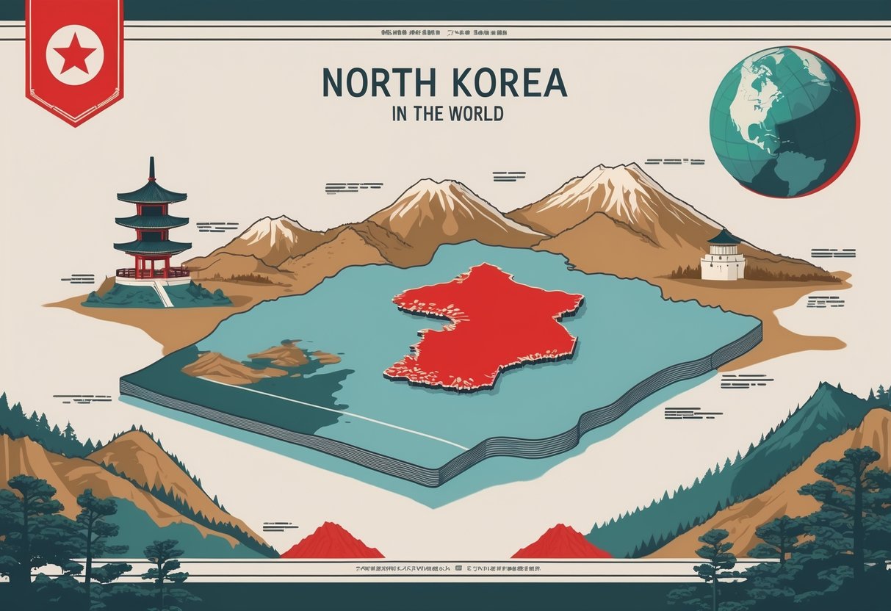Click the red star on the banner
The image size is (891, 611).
[74, 54]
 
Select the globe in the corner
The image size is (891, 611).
[784, 122]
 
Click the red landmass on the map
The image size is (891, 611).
[485, 323]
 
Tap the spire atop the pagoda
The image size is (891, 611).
[152, 169]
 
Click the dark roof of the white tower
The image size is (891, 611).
[723, 237]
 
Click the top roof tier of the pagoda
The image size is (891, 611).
[152, 193]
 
